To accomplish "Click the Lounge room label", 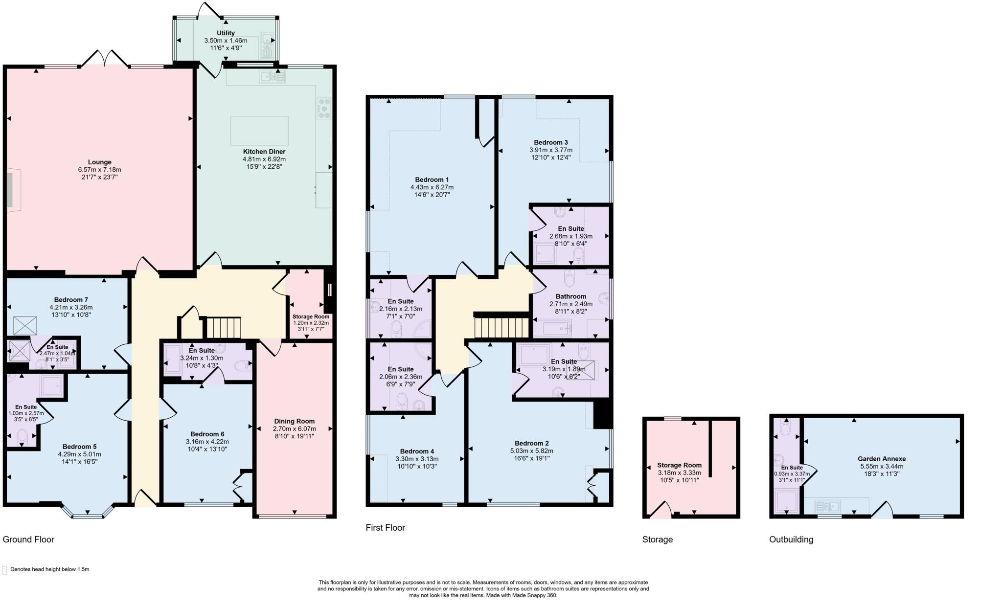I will click(99, 162).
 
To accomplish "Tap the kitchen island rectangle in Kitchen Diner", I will click(259, 130).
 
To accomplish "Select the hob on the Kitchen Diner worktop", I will click(324, 109).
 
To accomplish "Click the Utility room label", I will click(226, 33).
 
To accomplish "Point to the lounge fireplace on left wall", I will click(12, 190).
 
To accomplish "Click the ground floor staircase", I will click(224, 328).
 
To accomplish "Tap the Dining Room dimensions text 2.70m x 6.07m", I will click(294, 428).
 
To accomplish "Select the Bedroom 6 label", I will click(207, 434).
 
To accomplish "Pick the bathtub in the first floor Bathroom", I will click(553, 328).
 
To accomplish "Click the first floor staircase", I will click(502, 328).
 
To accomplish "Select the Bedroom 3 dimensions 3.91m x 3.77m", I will click(550, 150).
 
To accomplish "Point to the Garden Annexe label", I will click(881, 459).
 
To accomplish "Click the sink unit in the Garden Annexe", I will click(827, 506).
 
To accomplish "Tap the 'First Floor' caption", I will click(385, 527).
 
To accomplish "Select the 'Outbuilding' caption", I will click(791, 540).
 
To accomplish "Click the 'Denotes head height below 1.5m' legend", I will click(49, 569).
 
